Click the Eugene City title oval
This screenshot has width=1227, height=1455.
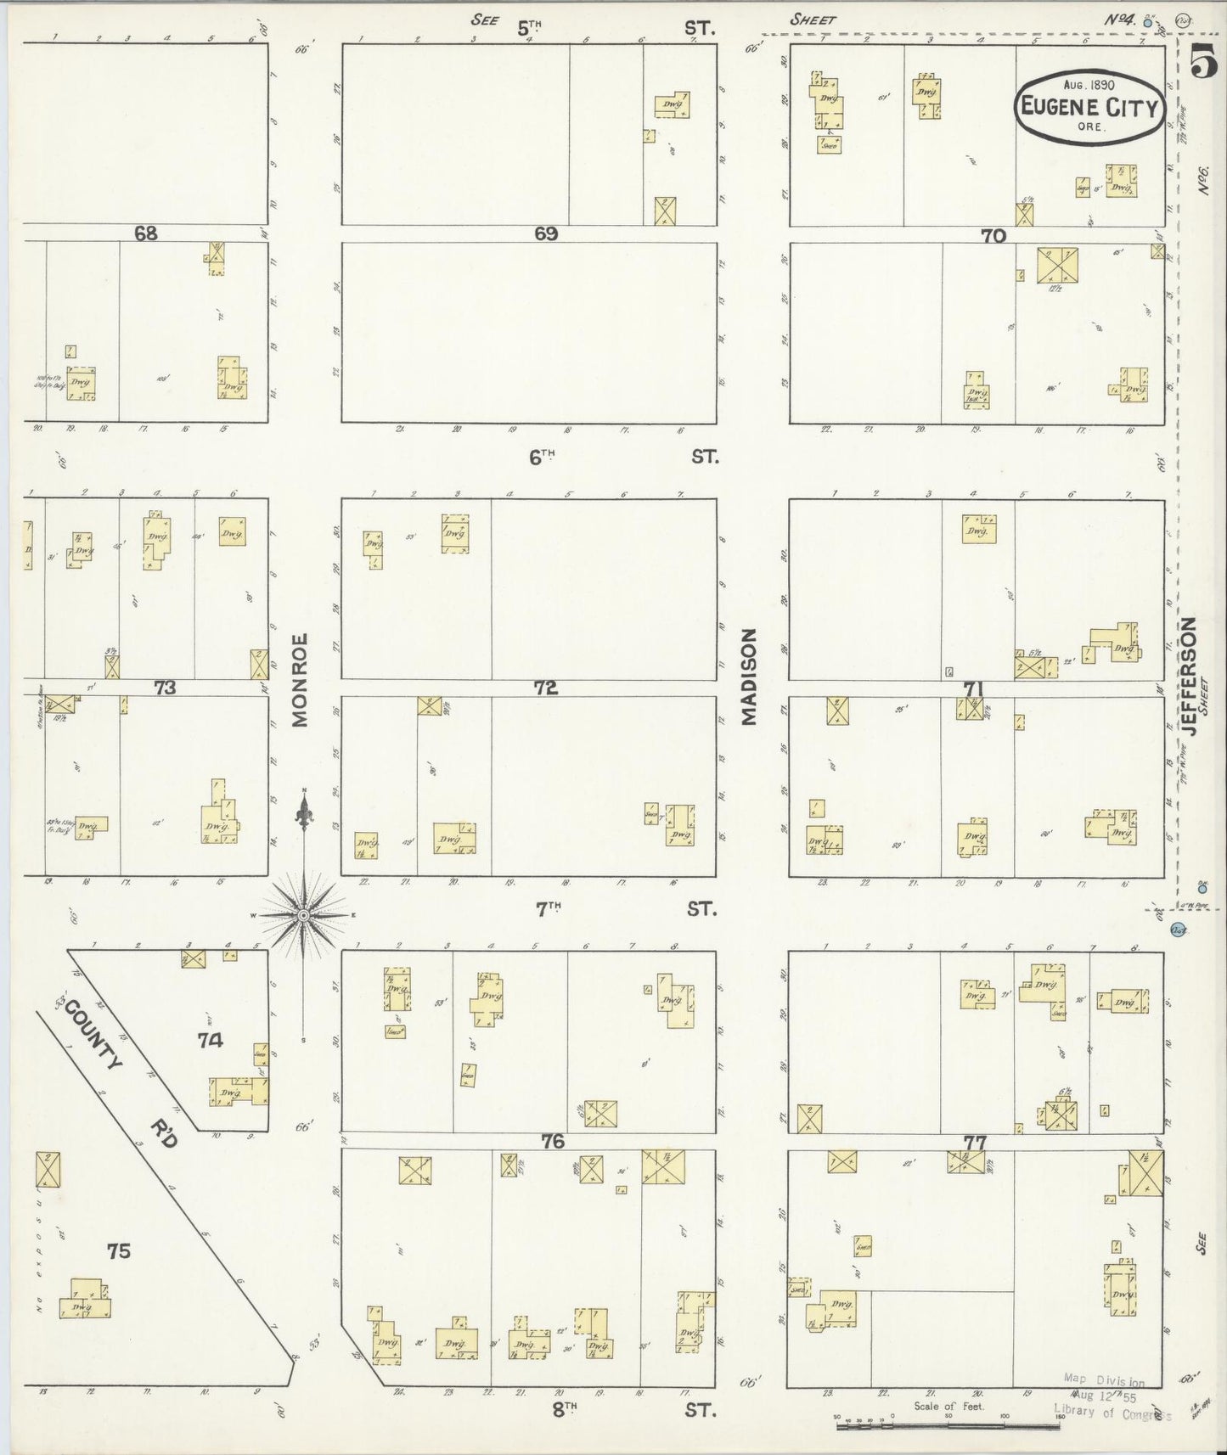[x=1089, y=106]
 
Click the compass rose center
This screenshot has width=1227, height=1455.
[x=303, y=914]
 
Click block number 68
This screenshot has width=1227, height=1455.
[x=146, y=233]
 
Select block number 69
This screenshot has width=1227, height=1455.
[x=546, y=233]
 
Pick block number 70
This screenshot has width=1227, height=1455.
[x=993, y=237]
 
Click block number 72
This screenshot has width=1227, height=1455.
[x=546, y=688]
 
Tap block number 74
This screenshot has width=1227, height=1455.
[x=210, y=1040]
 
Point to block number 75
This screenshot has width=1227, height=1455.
[x=119, y=1250]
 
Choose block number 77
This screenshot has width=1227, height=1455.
[x=974, y=1143]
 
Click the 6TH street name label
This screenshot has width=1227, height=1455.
[x=542, y=458]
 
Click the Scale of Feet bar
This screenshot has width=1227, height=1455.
[x=948, y=1426]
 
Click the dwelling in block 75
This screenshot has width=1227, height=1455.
[x=84, y=1299]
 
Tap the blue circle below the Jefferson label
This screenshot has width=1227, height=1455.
[x=1179, y=930]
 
